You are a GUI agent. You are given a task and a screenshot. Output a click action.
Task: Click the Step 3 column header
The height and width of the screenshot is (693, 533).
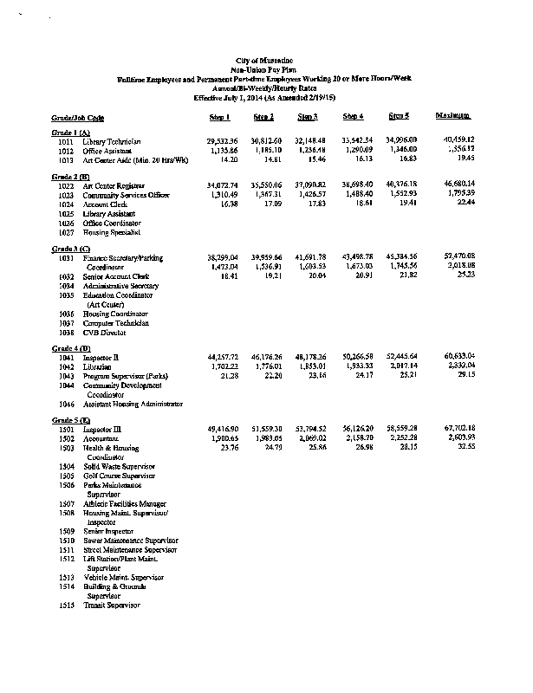pyautogui.click(x=308, y=116)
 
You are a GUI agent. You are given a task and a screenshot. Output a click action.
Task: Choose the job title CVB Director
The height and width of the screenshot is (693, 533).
pyautogui.click(x=106, y=333)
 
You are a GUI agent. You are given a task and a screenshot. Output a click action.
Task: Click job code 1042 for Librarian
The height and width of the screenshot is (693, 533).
pyautogui.click(x=66, y=366)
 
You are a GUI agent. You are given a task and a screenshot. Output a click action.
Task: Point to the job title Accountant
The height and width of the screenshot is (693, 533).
pyautogui.click(x=102, y=438)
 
